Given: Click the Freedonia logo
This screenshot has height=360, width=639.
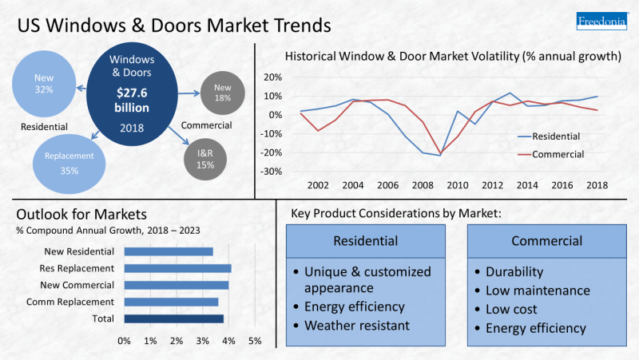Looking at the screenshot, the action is coord(601,22).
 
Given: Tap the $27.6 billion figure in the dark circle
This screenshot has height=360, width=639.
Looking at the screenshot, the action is coord(132,101).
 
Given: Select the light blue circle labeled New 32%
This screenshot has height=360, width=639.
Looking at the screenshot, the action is coord(44,84).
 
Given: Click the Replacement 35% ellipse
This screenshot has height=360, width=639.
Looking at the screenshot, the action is coord(69,164).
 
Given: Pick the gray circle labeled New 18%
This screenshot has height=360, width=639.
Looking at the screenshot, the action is coord(223,93).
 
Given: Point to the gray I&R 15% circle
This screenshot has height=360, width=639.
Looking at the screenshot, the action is coord(205,159).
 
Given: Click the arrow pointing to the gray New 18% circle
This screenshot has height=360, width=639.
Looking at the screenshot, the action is coord(189,93).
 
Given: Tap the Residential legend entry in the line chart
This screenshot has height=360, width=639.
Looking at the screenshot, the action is coord(549,136).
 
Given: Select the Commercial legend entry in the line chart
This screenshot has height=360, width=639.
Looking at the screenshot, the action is coord(550,154).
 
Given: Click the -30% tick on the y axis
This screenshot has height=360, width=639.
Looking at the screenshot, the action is coord(271,172).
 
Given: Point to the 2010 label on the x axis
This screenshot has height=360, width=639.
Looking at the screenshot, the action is coord(457,185).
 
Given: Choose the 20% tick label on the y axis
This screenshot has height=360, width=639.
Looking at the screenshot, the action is coord(272,77).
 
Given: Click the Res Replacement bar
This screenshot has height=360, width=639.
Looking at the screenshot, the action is coord(177,268).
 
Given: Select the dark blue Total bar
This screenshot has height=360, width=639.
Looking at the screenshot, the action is coord(174,318).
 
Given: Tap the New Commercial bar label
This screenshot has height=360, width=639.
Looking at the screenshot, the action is coord(77,285).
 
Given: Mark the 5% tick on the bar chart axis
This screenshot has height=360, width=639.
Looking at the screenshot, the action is coord(255,341).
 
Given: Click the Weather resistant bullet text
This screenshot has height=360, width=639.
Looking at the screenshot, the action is coord(356,326).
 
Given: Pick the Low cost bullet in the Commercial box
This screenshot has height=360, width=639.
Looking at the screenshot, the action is coord(511,309).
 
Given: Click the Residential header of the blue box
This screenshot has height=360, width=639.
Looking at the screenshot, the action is coord(366,241).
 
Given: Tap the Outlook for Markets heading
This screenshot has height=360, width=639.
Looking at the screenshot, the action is coord(81,214).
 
